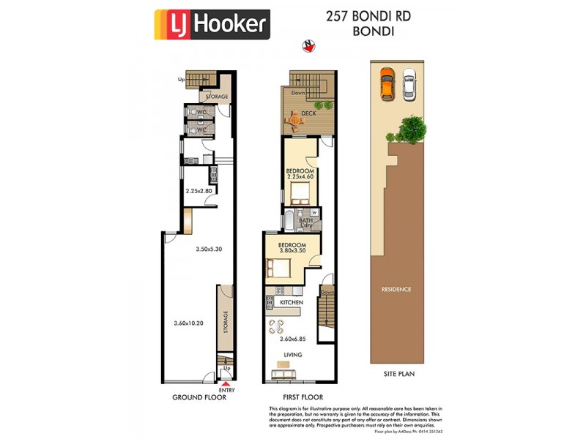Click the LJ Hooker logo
[x=212, y=24]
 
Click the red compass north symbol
[x=308, y=46]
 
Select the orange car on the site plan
[x=387, y=83]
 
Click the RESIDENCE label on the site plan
[x=396, y=289]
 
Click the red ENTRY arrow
[x=226, y=383]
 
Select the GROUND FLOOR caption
[x=198, y=397]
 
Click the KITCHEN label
[x=291, y=302]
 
